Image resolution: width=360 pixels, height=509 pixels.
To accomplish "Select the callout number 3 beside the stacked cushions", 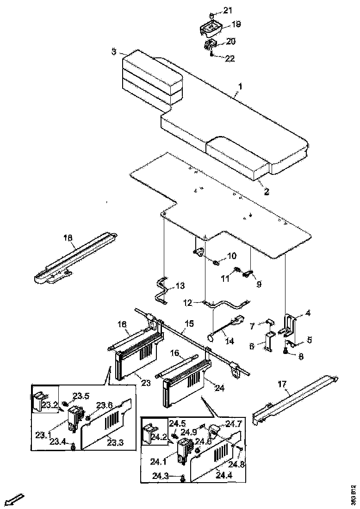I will [x=114, y=51].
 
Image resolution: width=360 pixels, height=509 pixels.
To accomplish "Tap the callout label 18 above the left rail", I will [x=68, y=238].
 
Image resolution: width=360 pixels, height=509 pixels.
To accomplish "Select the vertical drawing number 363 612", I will [x=354, y=494].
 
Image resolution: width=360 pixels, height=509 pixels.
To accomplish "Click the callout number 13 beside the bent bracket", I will [x=179, y=286].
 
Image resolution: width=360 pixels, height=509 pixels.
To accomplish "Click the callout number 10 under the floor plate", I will [x=231, y=255].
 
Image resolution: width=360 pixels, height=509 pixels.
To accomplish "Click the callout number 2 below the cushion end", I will [x=267, y=190].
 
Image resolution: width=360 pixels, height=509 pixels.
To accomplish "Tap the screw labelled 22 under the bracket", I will [x=211, y=54].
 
